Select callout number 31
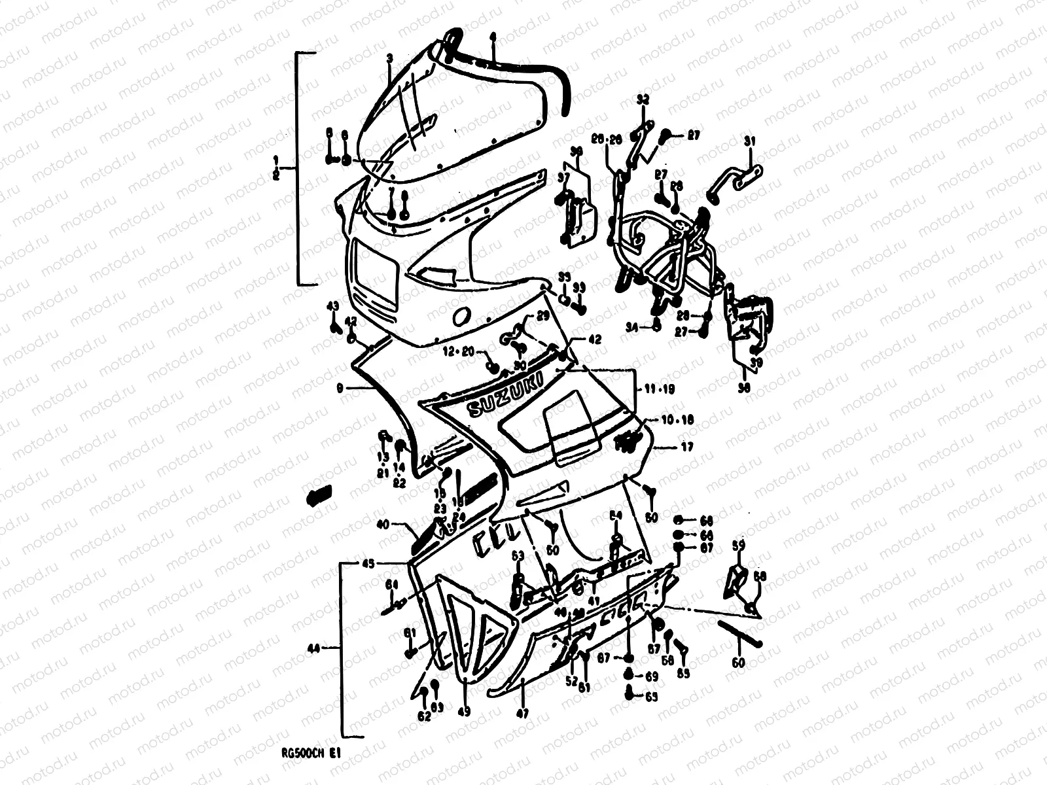[750, 141]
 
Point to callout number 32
[643, 100]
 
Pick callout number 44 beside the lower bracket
[315, 648]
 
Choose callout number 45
[368, 563]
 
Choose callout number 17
[686, 447]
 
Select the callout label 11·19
[660, 389]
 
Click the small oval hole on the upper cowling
[460, 316]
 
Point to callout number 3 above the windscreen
[389, 58]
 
